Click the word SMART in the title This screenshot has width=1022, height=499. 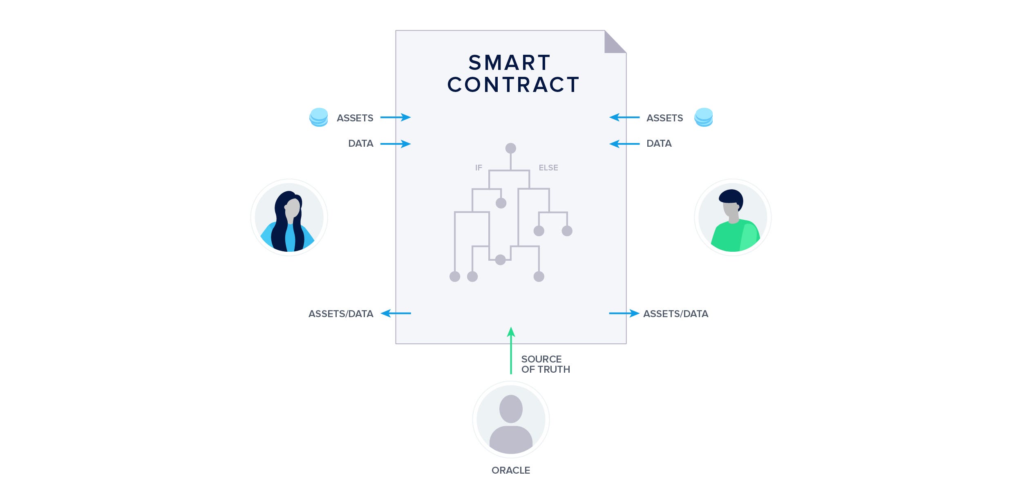point(510,63)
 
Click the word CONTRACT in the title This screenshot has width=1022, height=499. point(513,85)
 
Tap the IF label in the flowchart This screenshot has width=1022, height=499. point(479,168)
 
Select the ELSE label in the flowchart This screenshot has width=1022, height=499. point(548,168)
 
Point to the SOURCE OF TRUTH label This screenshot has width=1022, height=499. point(545,364)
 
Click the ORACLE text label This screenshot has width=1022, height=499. point(511,470)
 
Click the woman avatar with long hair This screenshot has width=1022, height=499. point(289,217)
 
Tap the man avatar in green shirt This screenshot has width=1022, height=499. point(733,217)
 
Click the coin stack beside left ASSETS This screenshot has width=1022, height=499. point(319,117)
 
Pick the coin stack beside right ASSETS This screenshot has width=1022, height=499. point(704,117)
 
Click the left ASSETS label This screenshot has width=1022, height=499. point(355,118)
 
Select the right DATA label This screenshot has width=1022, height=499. point(659,143)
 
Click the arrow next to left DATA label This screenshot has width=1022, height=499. point(395,144)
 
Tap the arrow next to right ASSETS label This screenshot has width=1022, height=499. point(624,117)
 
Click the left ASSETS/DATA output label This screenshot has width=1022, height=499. point(341,314)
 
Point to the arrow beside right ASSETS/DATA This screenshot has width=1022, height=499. point(624,313)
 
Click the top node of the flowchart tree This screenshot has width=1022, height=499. point(510,148)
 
